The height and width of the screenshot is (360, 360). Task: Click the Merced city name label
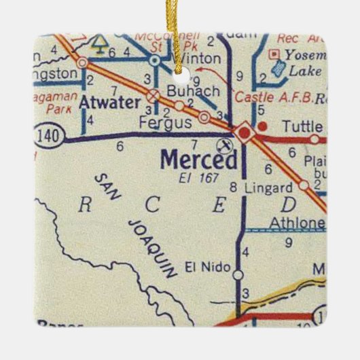[x=199, y=160]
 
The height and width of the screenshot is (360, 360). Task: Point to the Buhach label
[x=183, y=90]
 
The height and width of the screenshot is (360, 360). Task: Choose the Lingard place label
[x=269, y=187]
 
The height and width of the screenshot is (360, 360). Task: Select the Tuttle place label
[x=301, y=126]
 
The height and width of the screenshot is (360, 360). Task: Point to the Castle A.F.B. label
[x=275, y=98]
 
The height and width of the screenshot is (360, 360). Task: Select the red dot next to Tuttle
[x=266, y=126]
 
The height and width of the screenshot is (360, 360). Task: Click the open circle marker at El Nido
[x=238, y=274]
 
